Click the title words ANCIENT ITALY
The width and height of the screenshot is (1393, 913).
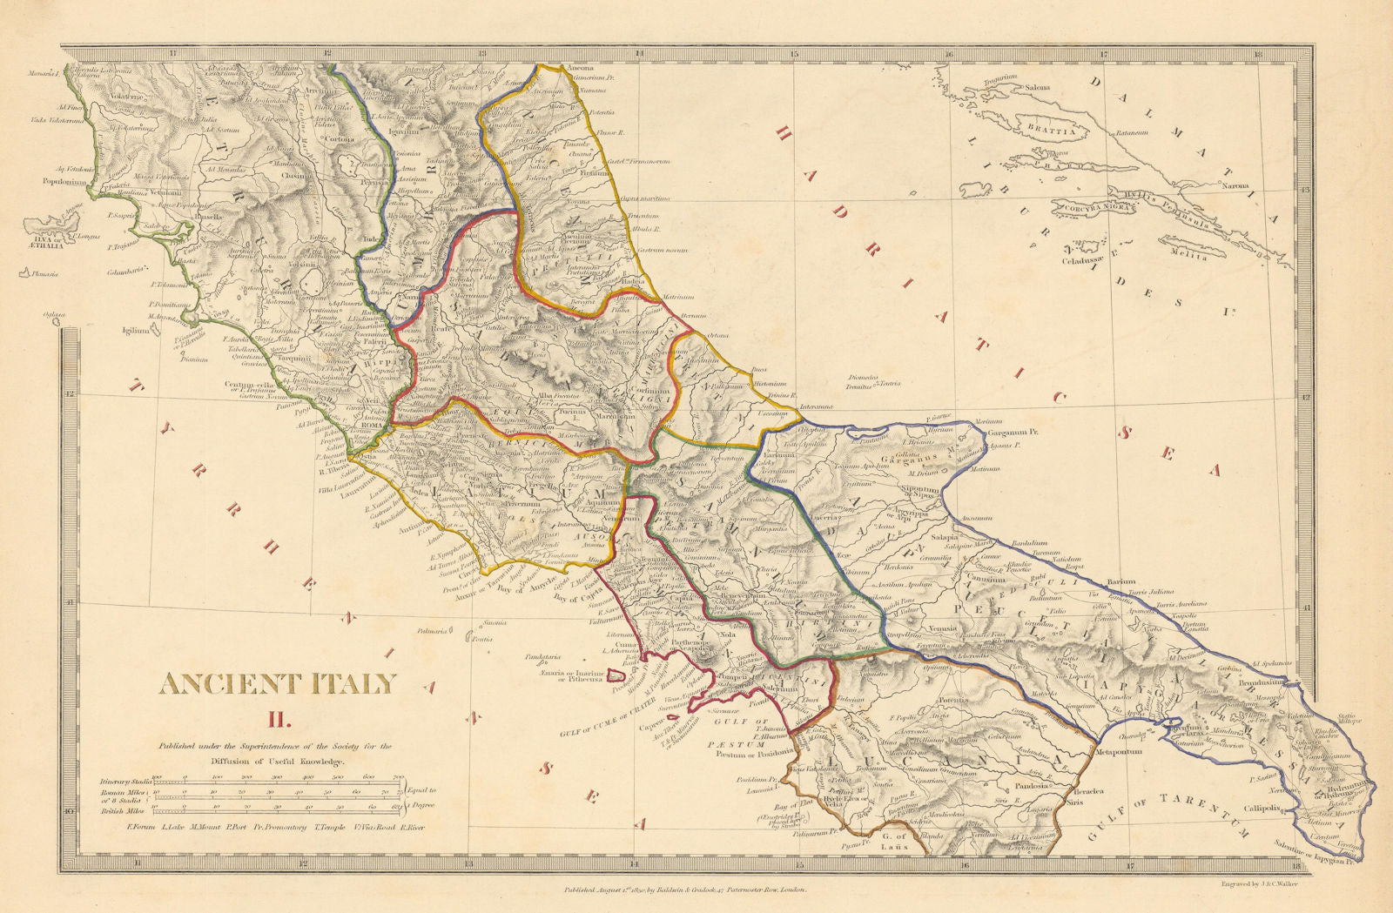tap(278, 684)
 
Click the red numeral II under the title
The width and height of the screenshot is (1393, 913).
tap(277, 719)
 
